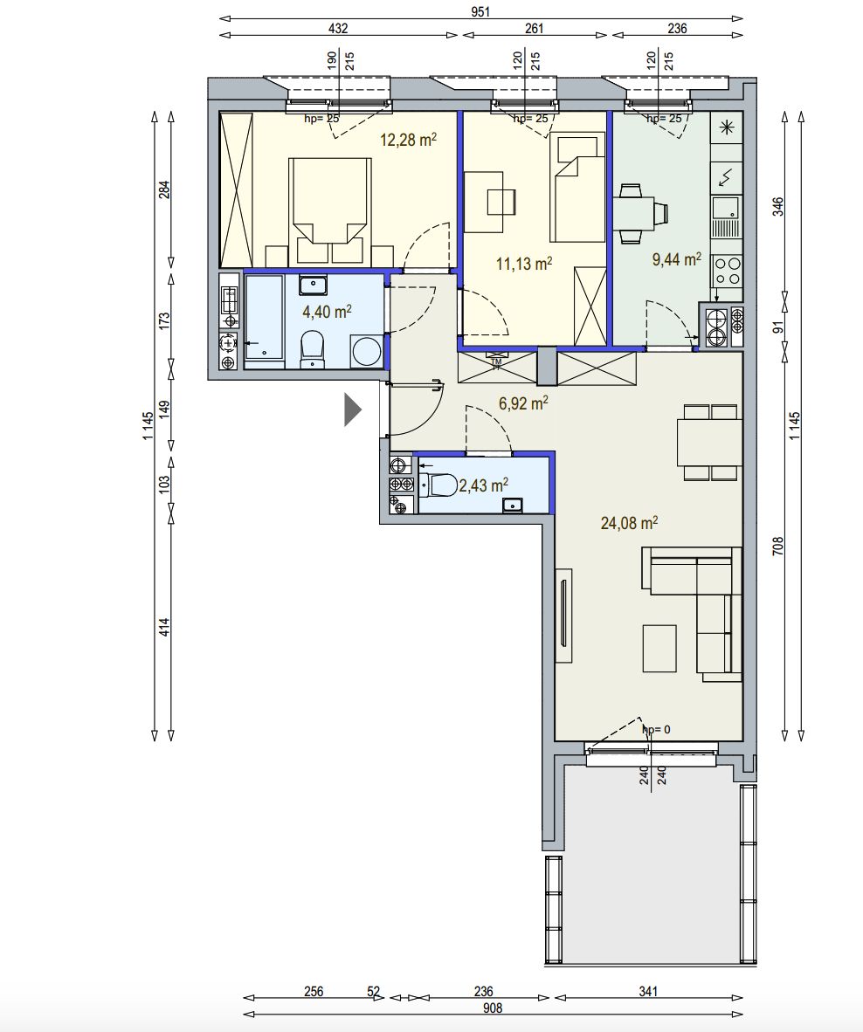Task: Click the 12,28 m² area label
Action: (409, 140)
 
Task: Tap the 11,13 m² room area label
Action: (524, 264)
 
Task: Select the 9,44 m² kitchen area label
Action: (677, 258)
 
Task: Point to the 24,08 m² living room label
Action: (629, 523)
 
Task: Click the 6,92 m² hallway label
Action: (524, 402)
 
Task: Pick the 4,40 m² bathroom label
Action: (328, 311)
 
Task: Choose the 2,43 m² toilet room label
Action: (483, 485)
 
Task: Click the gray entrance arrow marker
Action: (353, 409)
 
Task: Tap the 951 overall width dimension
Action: (480, 11)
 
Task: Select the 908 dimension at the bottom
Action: (493, 1008)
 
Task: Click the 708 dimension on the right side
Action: (777, 546)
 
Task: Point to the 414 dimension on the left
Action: (164, 626)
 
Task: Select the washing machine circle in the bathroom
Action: (367, 351)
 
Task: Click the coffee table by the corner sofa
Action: (659, 649)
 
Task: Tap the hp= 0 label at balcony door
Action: (656, 729)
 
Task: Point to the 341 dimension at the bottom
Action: (648, 991)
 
